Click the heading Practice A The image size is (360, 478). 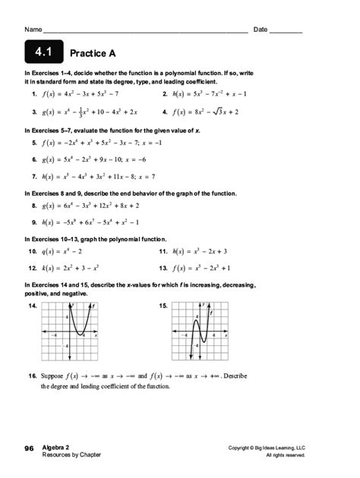point(92,54)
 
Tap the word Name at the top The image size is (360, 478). point(33,30)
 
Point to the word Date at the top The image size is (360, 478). point(261,30)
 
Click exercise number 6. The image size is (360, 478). point(35,159)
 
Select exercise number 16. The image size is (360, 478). point(33,376)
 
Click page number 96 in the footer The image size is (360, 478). point(29,448)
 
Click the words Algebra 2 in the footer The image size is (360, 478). point(58,448)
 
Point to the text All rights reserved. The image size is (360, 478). point(287,454)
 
